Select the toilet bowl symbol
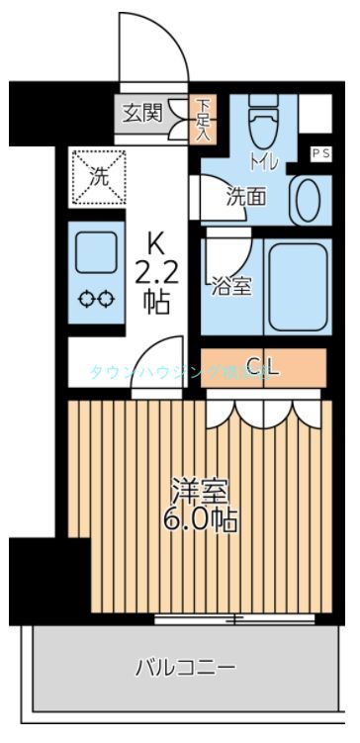pos(264,126)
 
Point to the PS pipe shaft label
pos(320,153)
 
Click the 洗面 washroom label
pos(245,195)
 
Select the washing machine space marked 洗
pos(98,177)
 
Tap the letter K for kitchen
pos(156,242)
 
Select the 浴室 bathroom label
pos(231,287)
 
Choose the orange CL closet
pos(263,367)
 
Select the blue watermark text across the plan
pos(178,373)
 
